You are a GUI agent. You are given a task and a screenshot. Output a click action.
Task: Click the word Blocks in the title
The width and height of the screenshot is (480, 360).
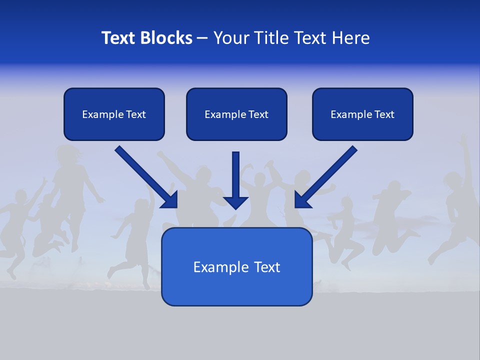(x=167, y=38)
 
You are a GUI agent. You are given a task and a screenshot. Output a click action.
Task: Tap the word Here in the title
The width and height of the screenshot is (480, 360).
(x=351, y=38)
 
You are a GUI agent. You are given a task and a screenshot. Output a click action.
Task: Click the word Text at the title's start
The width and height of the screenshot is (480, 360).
(x=120, y=38)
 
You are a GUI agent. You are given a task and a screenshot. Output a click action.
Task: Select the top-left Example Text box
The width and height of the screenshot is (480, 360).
(x=114, y=114)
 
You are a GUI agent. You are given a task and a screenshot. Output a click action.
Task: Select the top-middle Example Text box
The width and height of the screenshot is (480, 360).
(x=236, y=114)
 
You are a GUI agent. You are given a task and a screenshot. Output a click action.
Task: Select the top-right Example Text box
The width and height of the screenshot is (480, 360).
(x=362, y=114)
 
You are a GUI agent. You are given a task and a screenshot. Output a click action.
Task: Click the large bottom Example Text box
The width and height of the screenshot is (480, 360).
(x=236, y=266)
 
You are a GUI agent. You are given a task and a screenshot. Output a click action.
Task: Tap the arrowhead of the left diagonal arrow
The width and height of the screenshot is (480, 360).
(x=170, y=200)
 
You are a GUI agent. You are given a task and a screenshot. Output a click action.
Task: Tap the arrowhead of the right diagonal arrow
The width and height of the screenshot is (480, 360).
(x=302, y=200)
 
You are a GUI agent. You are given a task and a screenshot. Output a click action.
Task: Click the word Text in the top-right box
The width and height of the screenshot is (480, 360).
(x=384, y=114)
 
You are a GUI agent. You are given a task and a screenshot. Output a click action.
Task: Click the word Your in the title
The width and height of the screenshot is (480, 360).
(x=232, y=38)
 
